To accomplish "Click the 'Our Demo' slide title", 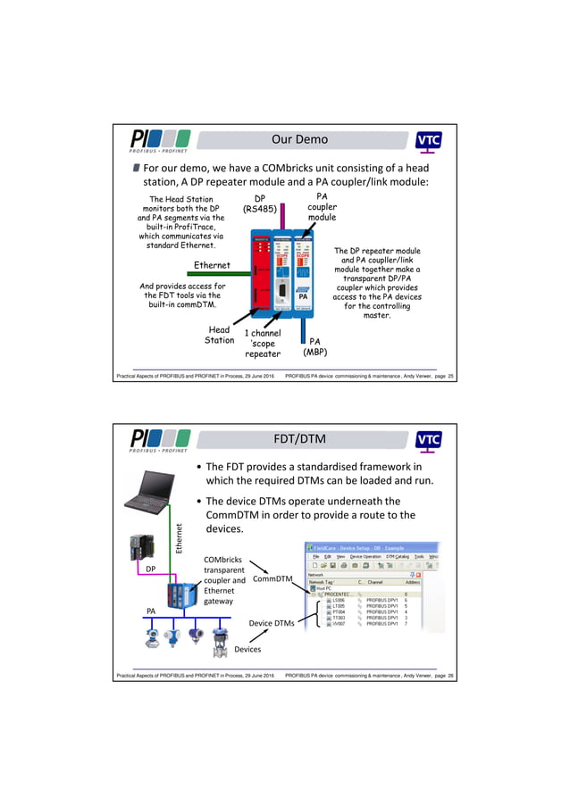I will pos(299,139).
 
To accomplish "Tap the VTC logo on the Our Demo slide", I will pos(429,141).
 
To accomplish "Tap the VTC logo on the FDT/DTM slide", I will pos(429,440).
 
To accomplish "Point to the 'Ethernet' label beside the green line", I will pos(212,265).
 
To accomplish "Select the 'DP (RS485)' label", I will pos(259,205).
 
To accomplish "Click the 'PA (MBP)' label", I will pos(314,346).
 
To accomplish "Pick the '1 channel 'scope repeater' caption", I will pos(263,344).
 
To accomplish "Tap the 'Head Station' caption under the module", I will pos(219,335).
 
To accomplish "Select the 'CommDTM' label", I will pos(272,579).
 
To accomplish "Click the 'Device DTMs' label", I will pos(272,623).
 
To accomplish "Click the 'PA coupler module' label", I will pos(323,206).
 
